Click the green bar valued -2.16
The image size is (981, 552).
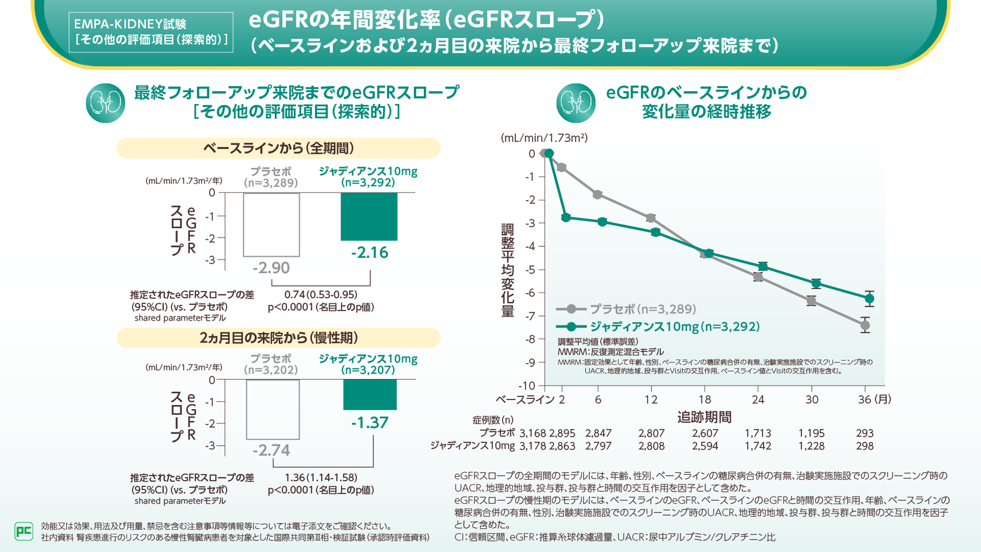pyautogui.click(x=369, y=216)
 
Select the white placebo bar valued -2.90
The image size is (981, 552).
pyautogui.click(x=271, y=224)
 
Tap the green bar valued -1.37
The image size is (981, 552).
pyautogui.click(x=370, y=394)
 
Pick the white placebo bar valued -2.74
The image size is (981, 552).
pyautogui.click(x=273, y=409)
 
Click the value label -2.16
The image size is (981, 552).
pyautogui.click(x=369, y=253)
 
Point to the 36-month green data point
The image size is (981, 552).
pyautogui.click(x=869, y=299)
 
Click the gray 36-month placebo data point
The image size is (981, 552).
pyautogui.click(x=865, y=326)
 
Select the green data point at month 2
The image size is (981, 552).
pyautogui.click(x=565, y=217)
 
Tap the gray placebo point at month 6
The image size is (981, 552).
pyautogui.click(x=597, y=195)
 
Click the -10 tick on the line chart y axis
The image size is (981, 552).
pyautogui.click(x=527, y=386)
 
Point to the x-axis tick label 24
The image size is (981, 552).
pyautogui.click(x=758, y=399)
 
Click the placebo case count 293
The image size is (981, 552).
pyautogui.click(x=864, y=433)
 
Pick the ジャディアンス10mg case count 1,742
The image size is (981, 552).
pyautogui.click(x=758, y=446)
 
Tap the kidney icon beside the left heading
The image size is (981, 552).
pyautogui.click(x=105, y=103)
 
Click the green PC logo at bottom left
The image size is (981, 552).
pyautogui.click(x=23, y=531)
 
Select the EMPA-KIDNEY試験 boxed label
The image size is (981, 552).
pyautogui.click(x=151, y=32)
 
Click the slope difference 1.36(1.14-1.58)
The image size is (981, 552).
pyautogui.click(x=321, y=477)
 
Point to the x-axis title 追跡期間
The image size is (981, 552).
pyautogui.click(x=704, y=417)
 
